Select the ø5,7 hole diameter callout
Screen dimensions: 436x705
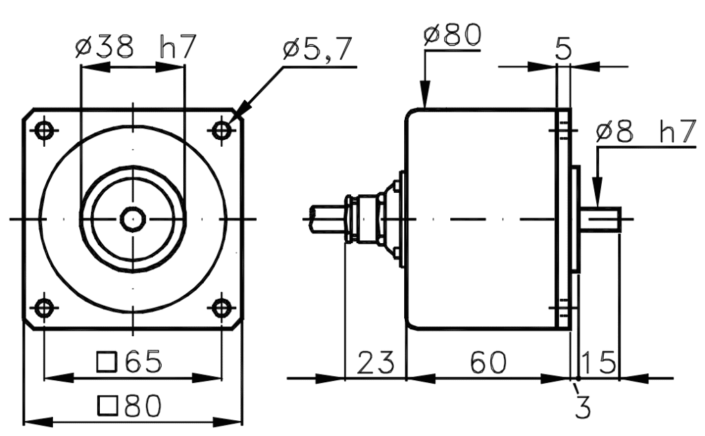318,50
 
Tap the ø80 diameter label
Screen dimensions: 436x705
452,34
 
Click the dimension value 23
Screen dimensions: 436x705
375,362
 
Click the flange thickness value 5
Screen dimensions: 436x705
563,50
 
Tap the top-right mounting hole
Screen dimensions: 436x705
221,130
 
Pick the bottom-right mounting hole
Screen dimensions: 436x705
221,307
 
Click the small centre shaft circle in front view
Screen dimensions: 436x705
132,219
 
